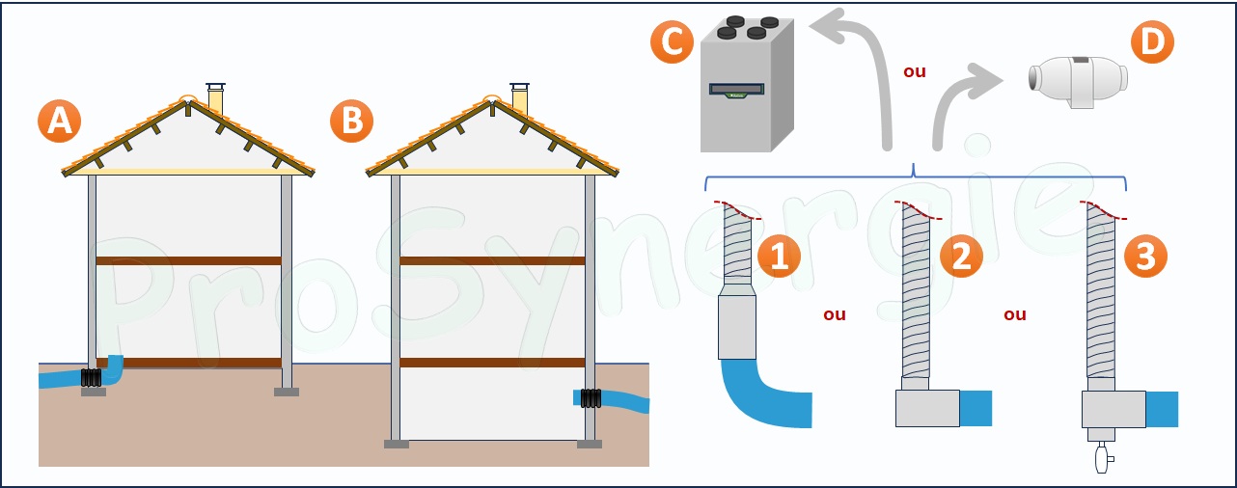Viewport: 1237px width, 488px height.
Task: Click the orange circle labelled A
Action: click(59, 122)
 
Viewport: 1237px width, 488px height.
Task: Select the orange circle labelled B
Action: click(351, 122)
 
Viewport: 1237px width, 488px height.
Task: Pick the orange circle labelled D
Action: click(1152, 41)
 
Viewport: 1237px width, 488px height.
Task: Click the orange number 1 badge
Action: click(779, 256)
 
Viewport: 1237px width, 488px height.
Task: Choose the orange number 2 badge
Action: click(961, 256)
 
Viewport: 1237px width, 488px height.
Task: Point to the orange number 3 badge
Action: click(1145, 256)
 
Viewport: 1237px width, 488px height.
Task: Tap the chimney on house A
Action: click(215, 97)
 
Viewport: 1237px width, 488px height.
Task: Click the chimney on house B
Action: click(520, 97)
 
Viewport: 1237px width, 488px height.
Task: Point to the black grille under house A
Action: click(92, 378)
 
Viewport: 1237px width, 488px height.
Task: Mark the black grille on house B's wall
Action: click(589, 398)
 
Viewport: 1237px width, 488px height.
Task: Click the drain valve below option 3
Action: click(1102, 454)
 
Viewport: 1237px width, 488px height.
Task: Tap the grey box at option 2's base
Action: click(927, 408)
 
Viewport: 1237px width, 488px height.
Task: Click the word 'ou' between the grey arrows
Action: click(914, 71)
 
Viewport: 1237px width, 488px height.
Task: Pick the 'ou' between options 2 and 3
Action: click(1015, 314)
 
